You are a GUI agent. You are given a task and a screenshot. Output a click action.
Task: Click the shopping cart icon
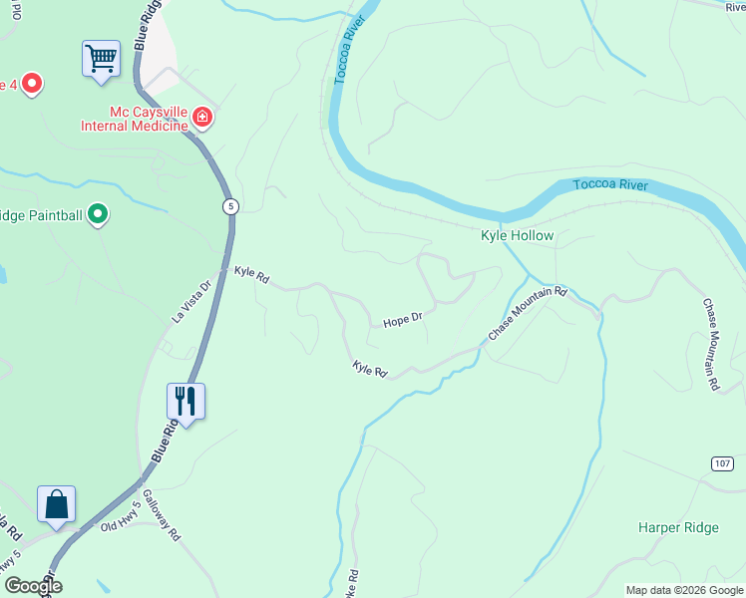101,58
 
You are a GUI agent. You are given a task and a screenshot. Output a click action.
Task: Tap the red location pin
32,83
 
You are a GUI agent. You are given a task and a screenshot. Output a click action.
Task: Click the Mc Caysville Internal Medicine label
135,120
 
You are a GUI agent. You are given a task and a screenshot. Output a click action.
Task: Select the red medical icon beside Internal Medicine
202,119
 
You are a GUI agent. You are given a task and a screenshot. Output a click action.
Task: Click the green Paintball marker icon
98,214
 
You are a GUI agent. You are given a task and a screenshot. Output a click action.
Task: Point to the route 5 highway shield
230,205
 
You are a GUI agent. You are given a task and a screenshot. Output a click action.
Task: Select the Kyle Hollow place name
517,236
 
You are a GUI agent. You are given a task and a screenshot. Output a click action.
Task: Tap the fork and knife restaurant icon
186,401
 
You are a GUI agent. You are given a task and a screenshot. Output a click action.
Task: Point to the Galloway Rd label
161,514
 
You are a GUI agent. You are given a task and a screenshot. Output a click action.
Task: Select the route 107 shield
723,463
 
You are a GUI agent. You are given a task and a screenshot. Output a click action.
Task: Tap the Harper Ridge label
678,527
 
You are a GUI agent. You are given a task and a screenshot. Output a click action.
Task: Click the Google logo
32,586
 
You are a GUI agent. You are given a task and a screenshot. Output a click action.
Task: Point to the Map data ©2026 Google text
683,590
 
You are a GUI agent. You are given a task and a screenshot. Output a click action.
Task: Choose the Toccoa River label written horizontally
610,185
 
